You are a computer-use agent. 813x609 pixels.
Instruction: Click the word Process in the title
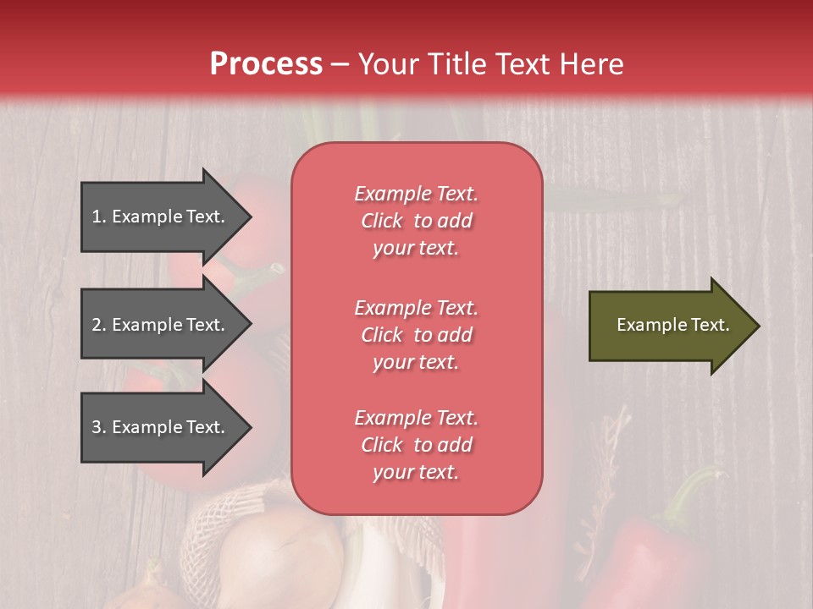pos(266,64)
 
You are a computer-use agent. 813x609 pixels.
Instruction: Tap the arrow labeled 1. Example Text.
pos(161,217)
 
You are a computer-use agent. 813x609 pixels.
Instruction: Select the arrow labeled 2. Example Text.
pos(161,325)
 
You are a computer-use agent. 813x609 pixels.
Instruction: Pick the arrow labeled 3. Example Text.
pos(161,427)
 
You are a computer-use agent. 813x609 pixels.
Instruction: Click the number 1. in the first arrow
pos(99,217)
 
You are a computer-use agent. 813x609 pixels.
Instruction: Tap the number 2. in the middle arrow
pos(99,325)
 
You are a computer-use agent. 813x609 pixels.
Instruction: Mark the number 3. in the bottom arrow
pos(99,427)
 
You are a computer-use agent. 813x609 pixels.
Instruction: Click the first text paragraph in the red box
pos(416,221)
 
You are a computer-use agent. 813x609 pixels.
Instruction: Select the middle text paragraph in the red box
pos(416,335)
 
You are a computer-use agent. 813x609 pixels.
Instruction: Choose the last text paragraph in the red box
pos(416,445)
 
